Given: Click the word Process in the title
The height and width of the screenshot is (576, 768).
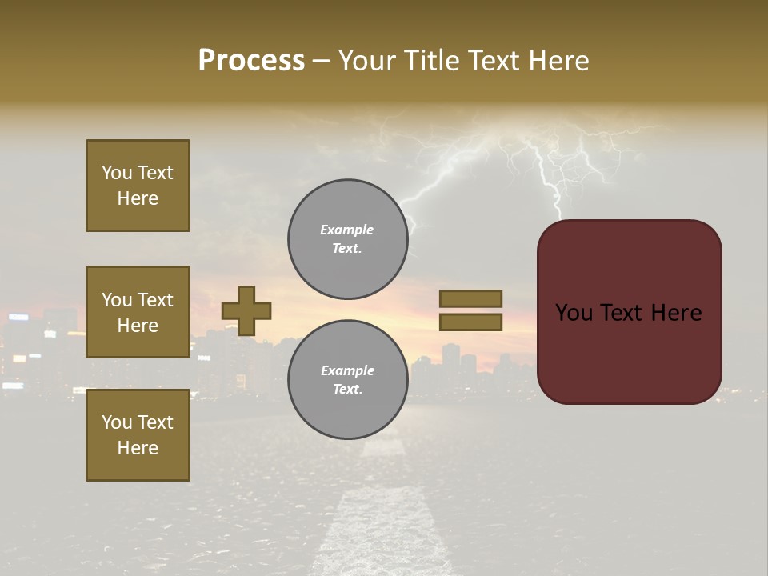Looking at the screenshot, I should pyautogui.click(x=251, y=61).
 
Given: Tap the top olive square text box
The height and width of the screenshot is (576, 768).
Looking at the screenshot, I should pyautogui.click(x=138, y=186).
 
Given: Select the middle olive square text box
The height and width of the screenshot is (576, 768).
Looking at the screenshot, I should pyautogui.click(x=138, y=312).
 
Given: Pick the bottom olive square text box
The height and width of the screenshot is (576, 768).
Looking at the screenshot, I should pyautogui.click(x=138, y=435).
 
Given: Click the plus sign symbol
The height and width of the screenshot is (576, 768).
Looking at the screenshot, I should pyautogui.click(x=246, y=310).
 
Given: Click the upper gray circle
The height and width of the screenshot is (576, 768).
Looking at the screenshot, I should pyautogui.click(x=347, y=239).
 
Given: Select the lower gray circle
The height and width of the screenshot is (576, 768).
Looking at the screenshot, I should pyautogui.click(x=347, y=380).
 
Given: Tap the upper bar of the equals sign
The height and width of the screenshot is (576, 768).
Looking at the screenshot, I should pyautogui.click(x=470, y=299).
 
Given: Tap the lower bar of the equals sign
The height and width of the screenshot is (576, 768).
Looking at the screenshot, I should pyautogui.click(x=470, y=322).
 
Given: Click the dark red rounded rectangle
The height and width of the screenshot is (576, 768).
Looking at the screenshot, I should pyautogui.click(x=629, y=352).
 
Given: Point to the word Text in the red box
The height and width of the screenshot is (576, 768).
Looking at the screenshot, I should pyautogui.click(x=628, y=313).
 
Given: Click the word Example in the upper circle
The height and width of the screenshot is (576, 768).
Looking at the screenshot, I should pyautogui.click(x=346, y=230).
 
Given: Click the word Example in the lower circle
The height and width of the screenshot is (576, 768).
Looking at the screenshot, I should pyautogui.click(x=347, y=370).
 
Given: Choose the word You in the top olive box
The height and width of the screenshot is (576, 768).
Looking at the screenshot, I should pyautogui.click(x=117, y=173).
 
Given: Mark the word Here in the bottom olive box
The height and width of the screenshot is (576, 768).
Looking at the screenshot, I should pyautogui.click(x=138, y=448).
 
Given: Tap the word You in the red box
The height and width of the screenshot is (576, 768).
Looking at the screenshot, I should pyautogui.click(x=574, y=313).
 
